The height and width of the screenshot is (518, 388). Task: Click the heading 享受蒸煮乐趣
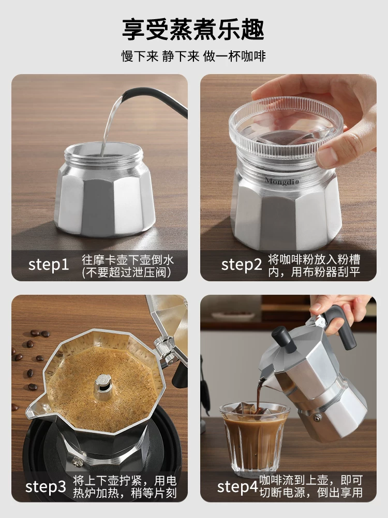click(x=193, y=29)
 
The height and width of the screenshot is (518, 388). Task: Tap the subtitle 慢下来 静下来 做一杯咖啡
click(x=193, y=56)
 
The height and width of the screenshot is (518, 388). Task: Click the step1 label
click(x=48, y=265)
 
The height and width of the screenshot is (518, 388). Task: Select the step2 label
click(x=242, y=265)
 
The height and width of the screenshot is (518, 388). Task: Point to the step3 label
click(x=46, y=487)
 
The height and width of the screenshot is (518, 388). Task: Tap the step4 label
click(x=237, y=487)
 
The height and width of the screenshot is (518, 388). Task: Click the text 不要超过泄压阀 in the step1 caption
click(x=127, y=272)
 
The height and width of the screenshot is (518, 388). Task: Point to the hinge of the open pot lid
click(x=165, y=348)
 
